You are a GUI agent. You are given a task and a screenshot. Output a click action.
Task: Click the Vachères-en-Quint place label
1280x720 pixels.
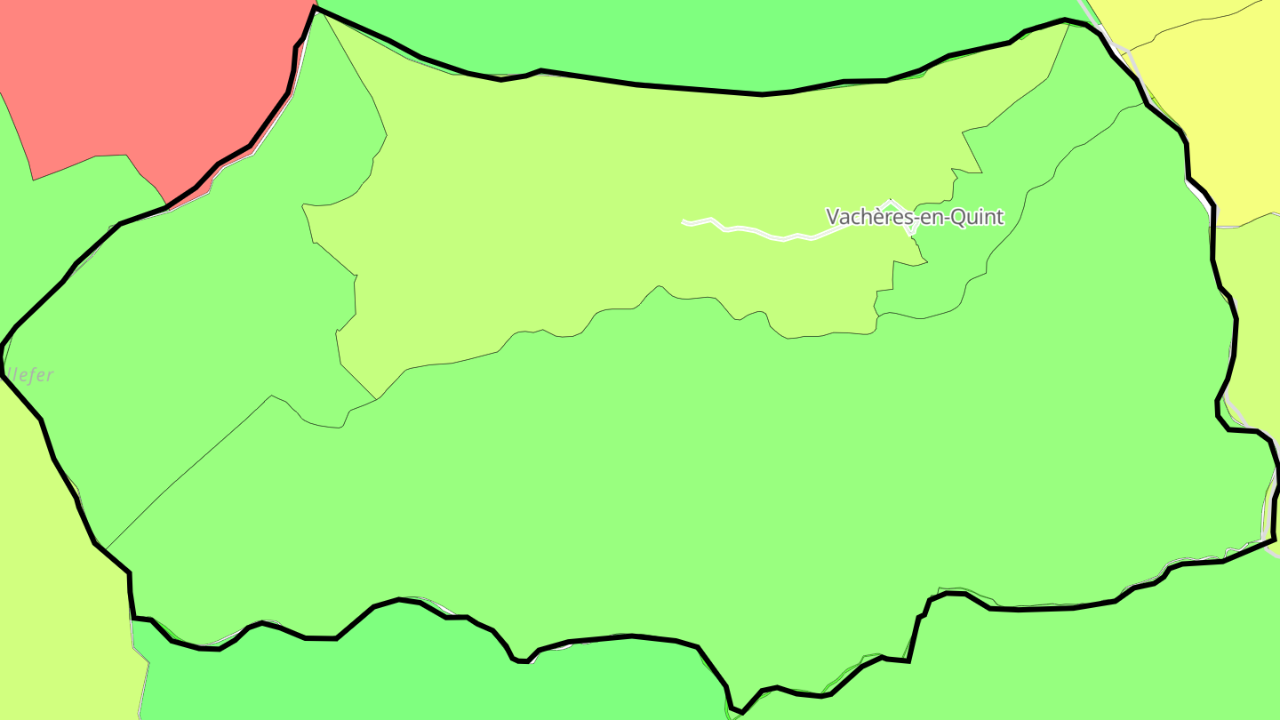[915, 217]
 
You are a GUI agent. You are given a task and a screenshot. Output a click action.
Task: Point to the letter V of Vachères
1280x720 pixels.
[834, 217]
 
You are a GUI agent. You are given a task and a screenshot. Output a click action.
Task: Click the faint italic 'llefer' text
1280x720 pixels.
[28, 375]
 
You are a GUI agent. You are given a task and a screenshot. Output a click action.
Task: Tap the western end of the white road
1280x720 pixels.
[684, 221]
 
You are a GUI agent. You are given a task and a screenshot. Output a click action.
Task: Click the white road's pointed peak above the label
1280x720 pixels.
[890, 202]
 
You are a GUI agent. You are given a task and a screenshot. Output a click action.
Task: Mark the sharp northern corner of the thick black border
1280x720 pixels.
[316, 8]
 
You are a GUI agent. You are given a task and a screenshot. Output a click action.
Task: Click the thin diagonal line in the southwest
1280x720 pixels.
[187, 471]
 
